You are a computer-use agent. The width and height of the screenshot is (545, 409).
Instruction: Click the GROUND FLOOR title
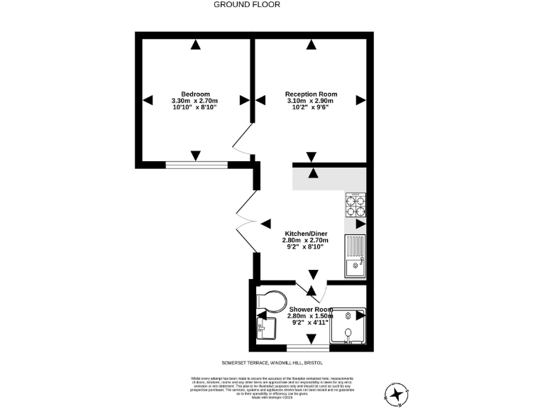click(247, 4)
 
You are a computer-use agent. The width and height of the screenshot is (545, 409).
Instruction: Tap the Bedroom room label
click(195, 94)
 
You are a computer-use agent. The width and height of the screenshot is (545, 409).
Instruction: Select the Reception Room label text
click(311, 94)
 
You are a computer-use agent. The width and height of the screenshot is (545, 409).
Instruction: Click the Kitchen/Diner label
click(306, 234)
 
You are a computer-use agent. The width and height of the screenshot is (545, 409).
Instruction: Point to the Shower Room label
click(310, 310)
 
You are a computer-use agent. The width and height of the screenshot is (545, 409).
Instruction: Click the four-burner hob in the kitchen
click(355, 204)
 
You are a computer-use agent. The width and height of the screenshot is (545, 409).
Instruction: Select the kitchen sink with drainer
click(354, 257)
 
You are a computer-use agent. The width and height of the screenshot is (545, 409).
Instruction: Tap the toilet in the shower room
click(270, 299)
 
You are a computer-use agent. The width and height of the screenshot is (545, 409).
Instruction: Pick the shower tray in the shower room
click(350, 327)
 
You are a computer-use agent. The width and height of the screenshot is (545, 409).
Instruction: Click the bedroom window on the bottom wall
click(197, 165)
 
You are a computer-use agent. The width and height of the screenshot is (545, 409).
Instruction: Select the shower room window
click(307, 347)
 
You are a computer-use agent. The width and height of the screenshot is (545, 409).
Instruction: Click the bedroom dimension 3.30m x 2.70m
click(194, 101)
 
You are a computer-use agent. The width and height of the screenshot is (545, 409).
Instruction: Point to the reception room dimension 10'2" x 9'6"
click(311, 107)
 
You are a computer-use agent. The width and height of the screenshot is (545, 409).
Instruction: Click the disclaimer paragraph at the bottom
click(272, 388)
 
